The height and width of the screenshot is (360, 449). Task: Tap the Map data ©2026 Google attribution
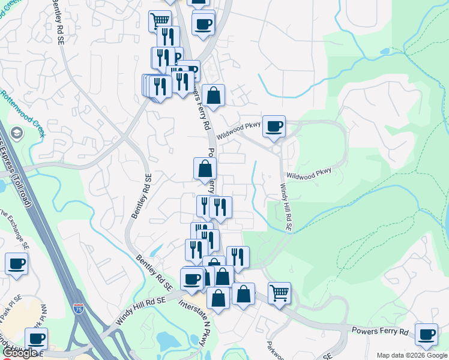pyautogui.click(x=412, y=355)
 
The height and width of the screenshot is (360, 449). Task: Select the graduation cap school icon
pyautogui.click(x=16, y=133)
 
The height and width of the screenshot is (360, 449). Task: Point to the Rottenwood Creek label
pyautogui.click(x=23, y=114)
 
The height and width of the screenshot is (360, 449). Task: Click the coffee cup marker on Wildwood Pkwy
pyautogui.click(x=274, y=126)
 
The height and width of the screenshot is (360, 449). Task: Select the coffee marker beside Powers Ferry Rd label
pyautogui.click(x=426, y=334)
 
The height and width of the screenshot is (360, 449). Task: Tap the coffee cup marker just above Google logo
pyautogui.click(x=36, y=338)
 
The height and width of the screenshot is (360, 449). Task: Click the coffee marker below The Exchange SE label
pyautogui.click(x=17, y=263)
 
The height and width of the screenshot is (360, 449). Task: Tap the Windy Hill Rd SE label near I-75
pyautogui.click(x=139, y=313)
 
